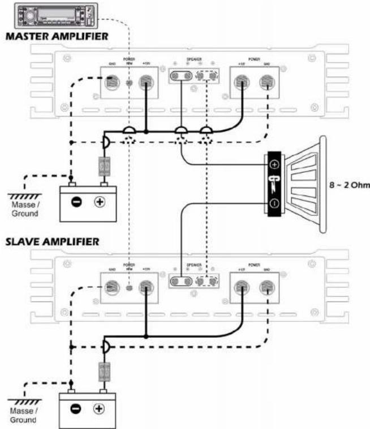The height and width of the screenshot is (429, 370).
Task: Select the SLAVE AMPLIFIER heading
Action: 53,242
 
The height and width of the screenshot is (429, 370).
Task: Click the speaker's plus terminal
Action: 274,165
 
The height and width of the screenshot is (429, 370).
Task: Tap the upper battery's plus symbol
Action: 99,201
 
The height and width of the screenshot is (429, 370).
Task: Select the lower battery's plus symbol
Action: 99,409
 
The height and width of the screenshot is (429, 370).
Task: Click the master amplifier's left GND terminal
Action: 113,83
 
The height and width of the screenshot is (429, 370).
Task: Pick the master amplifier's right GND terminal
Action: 265,83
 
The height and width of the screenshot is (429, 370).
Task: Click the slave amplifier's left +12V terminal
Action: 147,289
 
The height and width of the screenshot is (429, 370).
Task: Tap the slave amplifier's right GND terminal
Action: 265,289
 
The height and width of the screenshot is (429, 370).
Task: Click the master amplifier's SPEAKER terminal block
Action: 195,76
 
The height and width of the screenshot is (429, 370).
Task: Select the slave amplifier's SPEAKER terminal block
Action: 195,282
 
